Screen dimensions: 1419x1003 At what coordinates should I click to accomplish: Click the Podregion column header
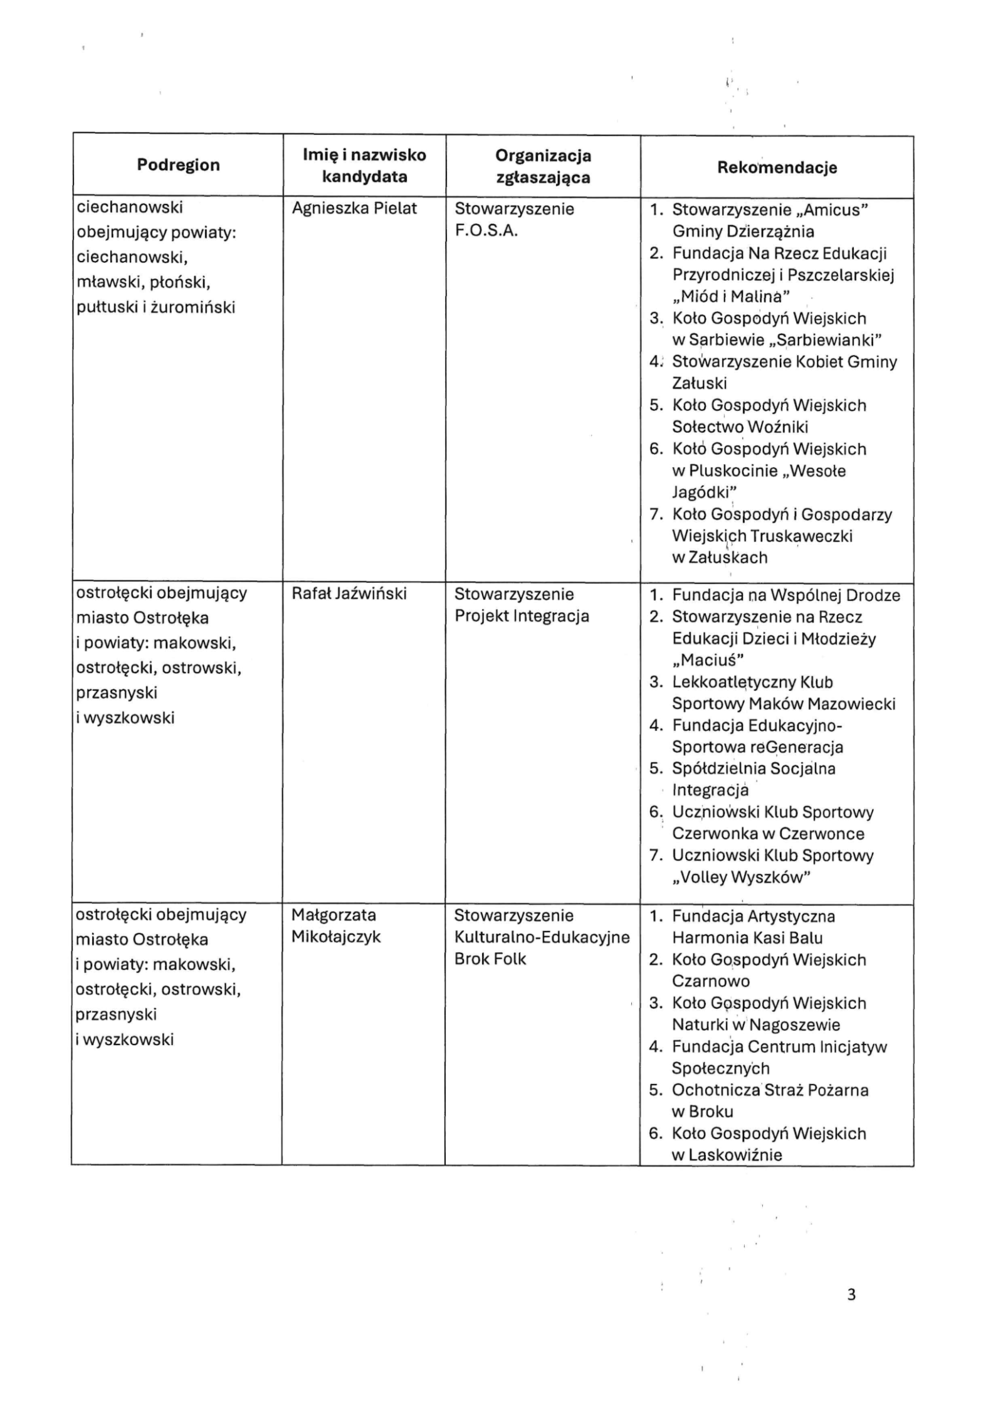[x=178, y=165]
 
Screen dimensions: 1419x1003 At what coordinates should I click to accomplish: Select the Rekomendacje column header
[x=777, y=167]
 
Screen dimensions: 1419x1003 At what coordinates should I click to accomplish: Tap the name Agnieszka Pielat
[x=354, y=208]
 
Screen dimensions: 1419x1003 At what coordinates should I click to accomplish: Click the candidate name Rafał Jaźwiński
[x=349, y=593]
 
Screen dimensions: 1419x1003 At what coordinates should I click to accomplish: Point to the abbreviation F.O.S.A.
[x=486, y=230]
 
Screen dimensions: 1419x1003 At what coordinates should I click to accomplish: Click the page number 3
[x=851, y=1294]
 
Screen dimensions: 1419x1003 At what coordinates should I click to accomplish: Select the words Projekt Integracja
[x=522, y=615]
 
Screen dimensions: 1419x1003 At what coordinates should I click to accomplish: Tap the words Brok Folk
[x=490, y=959]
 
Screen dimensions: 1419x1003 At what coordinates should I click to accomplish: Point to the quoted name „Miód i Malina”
[x=731, y=296]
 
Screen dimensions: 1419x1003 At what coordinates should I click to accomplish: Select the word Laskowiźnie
[x=735, y=1155]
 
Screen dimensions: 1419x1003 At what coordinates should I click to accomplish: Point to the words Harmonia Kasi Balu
[x=747, y=938]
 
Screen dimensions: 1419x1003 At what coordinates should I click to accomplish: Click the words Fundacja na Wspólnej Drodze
[x=786, y=595]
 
